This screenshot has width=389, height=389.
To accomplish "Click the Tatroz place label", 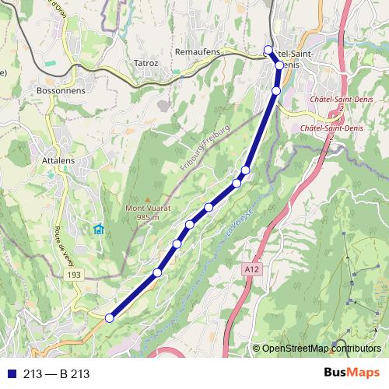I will pos(145,63).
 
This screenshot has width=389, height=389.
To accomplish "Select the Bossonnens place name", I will pos(61,90).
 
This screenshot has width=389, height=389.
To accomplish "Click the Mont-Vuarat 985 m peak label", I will pos(142,212).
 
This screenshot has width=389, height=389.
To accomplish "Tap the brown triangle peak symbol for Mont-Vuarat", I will pos(143,199).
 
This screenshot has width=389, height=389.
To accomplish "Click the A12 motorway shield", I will pos(249,269).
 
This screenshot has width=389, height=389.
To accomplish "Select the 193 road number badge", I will pos(74,275).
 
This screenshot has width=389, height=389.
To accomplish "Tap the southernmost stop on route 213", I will pos(110,317).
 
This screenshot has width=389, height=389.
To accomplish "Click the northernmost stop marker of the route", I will pos(268,51).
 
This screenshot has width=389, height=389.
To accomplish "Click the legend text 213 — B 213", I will pos(56,374).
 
